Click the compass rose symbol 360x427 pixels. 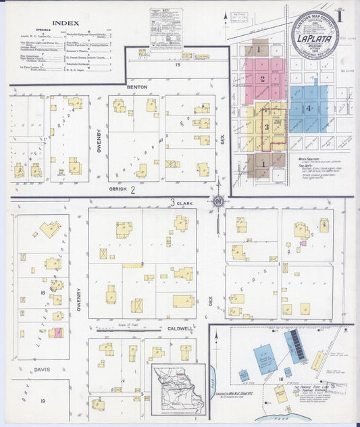[x=217, y=201]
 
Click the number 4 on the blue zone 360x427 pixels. [x=308, y=108]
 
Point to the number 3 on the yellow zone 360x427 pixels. [x=266, y=126]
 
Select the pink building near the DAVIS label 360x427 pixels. [x=59, y=332]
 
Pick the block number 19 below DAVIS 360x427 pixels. [x=43, y=401]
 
